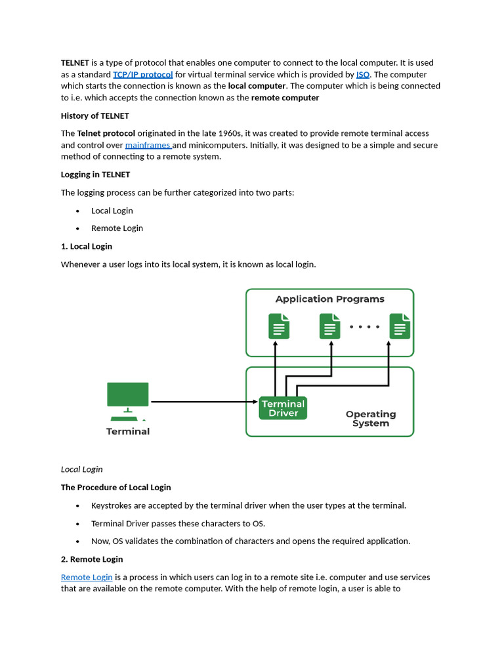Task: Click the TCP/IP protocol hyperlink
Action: click(x=142, y=75)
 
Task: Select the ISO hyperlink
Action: click(x=363, y=75)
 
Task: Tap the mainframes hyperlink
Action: click(x=148, y=145)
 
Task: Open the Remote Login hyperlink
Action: click(x=87, y=577)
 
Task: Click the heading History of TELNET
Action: click(x=90, y=115)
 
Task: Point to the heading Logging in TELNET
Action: click(x=95, y=175)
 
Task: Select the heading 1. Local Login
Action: click(x=87, y=246)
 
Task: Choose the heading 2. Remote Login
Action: click(x=92, y=559)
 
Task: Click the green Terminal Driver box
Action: click(x=283, y=408)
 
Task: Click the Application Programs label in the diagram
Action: click(x=329, y=299)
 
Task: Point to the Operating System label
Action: click(x=371, y=419)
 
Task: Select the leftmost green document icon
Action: click(x=279, y=326)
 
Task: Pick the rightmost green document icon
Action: click(x=400, y=326)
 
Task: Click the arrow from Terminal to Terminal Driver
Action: click(x=203, y=402)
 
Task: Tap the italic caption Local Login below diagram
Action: click(x=82, y=469)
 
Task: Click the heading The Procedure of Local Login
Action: click(x=115, y=488)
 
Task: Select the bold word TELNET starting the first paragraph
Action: click(x=75, y=63)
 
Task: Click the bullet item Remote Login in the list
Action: click(x=117, y=228)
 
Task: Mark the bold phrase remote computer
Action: click(x=285, y=98)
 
